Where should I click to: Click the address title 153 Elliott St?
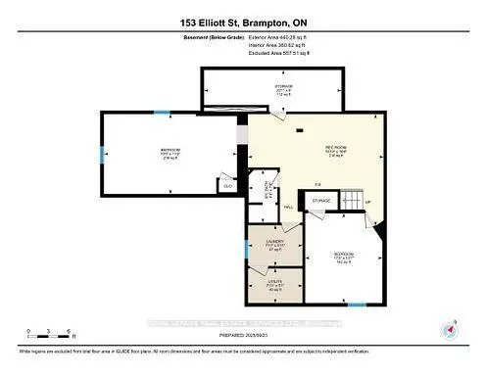[x=243, y=22]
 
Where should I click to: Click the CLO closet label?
[x=227, y=185]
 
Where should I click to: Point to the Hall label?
[x=289, y=208]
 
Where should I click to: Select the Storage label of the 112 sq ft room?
[x=283, y=90]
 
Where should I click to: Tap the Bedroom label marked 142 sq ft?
[x=344, y=257]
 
